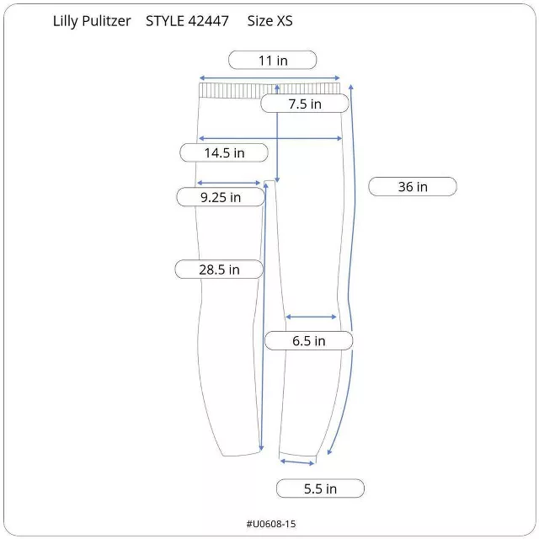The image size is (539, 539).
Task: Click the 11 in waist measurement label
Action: point(273,60)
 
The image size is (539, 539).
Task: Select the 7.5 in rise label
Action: point(305,104)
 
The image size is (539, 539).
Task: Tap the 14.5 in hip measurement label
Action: point(224,152)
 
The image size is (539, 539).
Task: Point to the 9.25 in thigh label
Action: point(221,197)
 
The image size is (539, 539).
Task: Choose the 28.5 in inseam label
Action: point(219,269)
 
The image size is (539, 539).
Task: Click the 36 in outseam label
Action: point(413,187)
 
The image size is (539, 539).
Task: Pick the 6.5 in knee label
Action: point(309,340)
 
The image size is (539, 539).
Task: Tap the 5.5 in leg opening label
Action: point(320,488)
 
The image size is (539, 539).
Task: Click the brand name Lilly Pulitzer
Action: point(92,21)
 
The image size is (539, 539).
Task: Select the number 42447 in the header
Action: point(209,21)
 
